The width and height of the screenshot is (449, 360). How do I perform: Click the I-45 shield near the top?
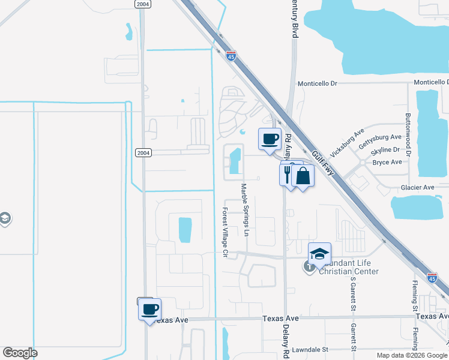pos(231,56)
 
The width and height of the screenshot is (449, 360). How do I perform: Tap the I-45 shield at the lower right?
pos(432,277)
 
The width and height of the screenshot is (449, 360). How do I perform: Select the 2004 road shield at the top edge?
pos(142,4)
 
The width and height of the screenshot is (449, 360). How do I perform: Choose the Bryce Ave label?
pos(387,162)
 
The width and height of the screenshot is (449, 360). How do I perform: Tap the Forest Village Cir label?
pos(225,233)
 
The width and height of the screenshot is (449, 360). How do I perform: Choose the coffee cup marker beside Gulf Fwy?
pos(270,139)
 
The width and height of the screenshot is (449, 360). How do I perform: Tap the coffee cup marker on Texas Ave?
pos(149,310)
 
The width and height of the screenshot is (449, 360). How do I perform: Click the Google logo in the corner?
pos(20,353)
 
